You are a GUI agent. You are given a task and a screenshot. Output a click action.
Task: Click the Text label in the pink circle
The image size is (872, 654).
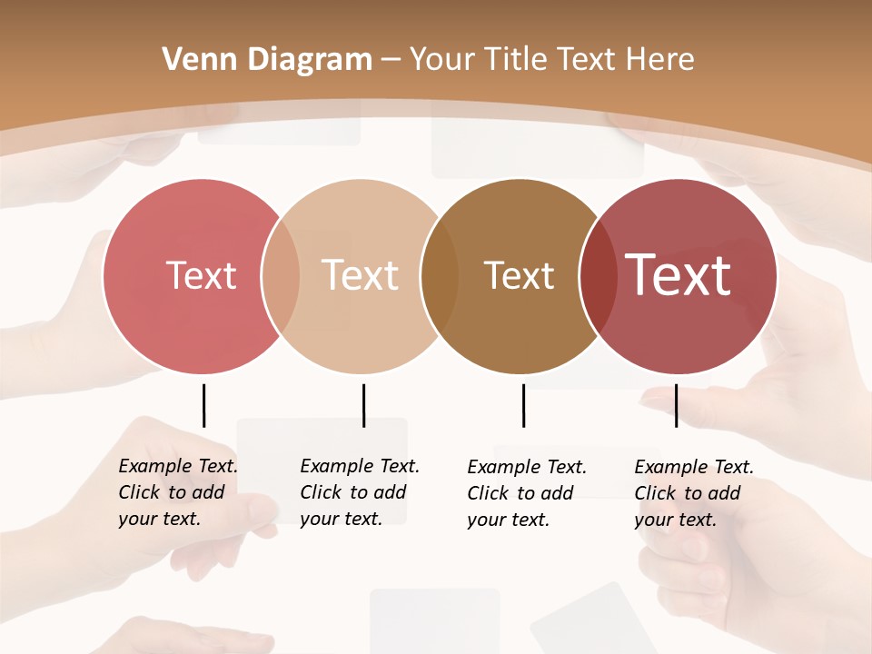click(x=201, y=275)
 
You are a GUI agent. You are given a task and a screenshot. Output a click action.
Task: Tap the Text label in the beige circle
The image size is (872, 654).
click(x=360, y=275)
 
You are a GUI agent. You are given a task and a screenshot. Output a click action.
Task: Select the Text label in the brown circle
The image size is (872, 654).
click(x=519, y=275)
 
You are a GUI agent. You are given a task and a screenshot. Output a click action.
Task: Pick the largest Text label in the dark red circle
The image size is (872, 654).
click(x=678, y=275)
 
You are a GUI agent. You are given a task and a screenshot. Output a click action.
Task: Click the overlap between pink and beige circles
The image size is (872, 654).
click(x=281, y=276)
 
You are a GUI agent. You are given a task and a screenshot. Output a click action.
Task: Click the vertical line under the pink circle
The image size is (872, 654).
click(x=203, y=405)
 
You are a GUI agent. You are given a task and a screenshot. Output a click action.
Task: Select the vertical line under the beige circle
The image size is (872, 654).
click(x=363, y=405)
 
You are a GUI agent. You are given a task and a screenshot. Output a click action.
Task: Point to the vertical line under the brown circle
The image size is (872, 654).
click(x=523, y=405)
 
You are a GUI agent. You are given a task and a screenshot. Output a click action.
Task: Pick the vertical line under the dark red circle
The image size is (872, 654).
click(x=676, y=405)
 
